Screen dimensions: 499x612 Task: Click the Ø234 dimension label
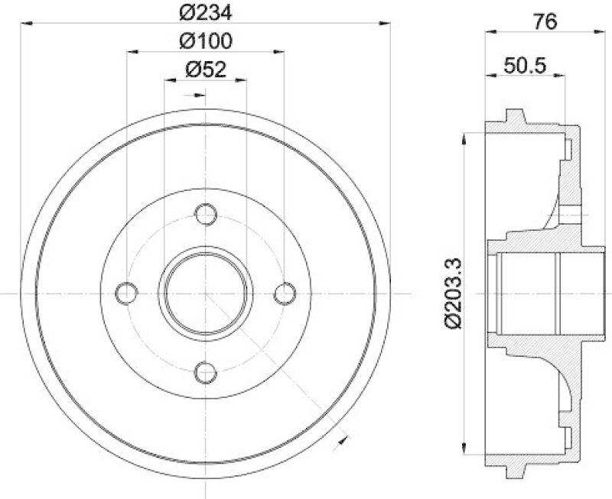click(x=206, y=12)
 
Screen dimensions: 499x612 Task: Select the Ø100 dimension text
click(x=206, y=41)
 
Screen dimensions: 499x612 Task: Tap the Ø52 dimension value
click(x=206, y=70)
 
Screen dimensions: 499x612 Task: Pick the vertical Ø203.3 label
click(x=454, y=293)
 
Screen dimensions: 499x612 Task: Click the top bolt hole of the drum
click(x=206, y=214)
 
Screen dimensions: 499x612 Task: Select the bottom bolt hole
click(x=206, y=372)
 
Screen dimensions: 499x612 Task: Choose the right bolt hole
click(x=285, y=293)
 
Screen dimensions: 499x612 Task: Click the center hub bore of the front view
click(x=206, y=293)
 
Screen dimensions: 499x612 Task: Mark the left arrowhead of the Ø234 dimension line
click(x=26, y=24)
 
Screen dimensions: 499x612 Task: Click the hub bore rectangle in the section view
click(x=528, y=293)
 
